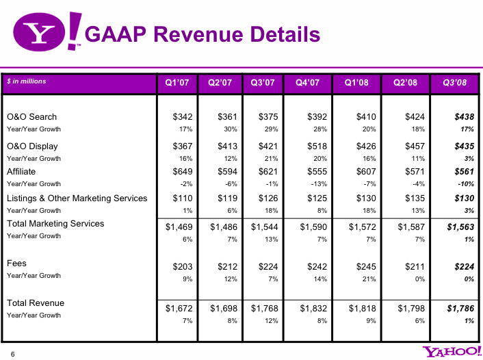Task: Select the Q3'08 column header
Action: [455, 83]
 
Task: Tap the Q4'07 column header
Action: [307, 83]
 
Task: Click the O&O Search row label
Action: [31, 117]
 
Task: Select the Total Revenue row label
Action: [36, 303]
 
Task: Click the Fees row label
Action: [16, 263]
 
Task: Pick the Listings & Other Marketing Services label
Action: [77, 198]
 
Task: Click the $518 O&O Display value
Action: [309, 146]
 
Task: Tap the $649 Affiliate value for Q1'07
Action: [181, 172]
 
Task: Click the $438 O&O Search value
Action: [463, 117]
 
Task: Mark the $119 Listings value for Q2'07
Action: [226, 198]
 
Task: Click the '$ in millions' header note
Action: [27, 81]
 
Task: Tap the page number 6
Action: [12, 354]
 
